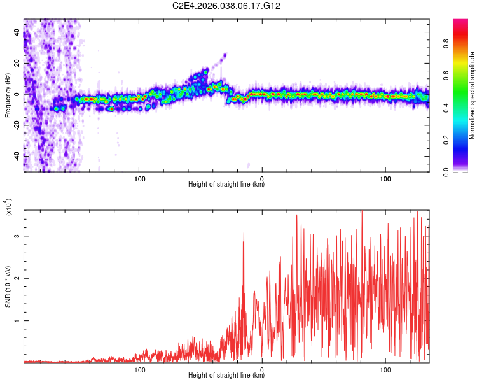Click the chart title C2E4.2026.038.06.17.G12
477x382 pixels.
[x=226, y=6]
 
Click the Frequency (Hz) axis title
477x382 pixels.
[x=8, y=95]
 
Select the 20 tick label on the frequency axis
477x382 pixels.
[x=17, y=63]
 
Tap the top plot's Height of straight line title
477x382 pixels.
[x=226, y=185]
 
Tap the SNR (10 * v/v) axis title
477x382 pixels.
[x=8, y=286]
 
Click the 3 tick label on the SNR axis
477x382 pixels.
[x=17, y=236]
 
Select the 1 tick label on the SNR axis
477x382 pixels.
[x=17, y=321]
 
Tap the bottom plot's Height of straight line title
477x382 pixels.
[x=226, y=376]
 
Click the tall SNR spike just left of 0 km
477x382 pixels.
[x=244, y=234]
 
